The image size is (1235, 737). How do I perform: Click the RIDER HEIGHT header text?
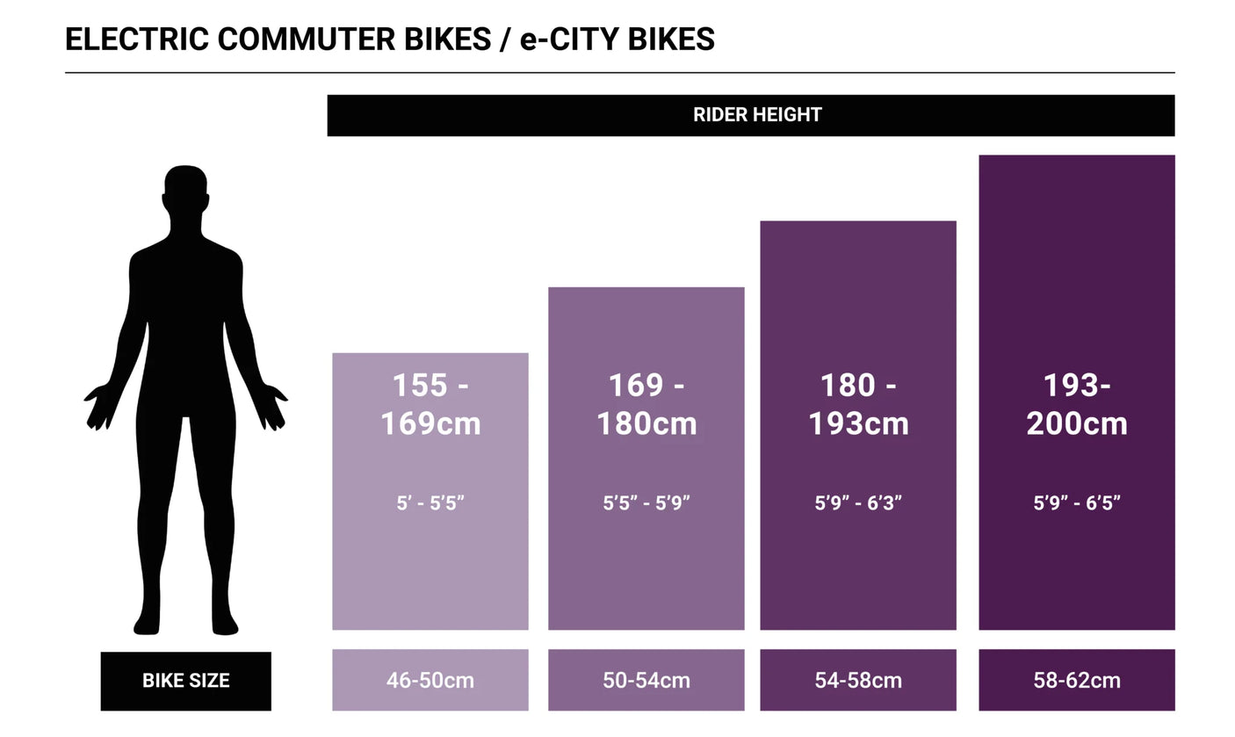click(x=756, y=115)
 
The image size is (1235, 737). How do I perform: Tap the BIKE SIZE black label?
click(x=185, y=681)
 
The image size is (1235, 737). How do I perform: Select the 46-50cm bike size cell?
click(x=430, y=681)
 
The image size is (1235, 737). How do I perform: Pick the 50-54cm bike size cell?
click(x=646, y=681)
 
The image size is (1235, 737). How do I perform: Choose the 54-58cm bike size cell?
click(x=857, y=681)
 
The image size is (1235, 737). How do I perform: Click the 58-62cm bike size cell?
click(x=1076, y=681)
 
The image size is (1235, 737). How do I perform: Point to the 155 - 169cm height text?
click(x=430, y=404)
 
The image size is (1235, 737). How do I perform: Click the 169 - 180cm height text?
click(x=646, y=404)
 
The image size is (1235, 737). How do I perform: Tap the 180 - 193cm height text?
click(x=858, y=404)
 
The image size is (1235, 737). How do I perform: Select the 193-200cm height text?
click(x=1077, y=404)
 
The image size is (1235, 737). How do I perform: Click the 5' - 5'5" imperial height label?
click(x=430, y=503)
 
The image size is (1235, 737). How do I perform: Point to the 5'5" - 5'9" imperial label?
click(x=646, y=503)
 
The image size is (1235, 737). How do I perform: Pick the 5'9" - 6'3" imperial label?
click(x=858, y=503)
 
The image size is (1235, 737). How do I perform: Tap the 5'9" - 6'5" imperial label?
click(x=1077, y=503)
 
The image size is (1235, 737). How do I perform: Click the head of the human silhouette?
click(x=186, y=190)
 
